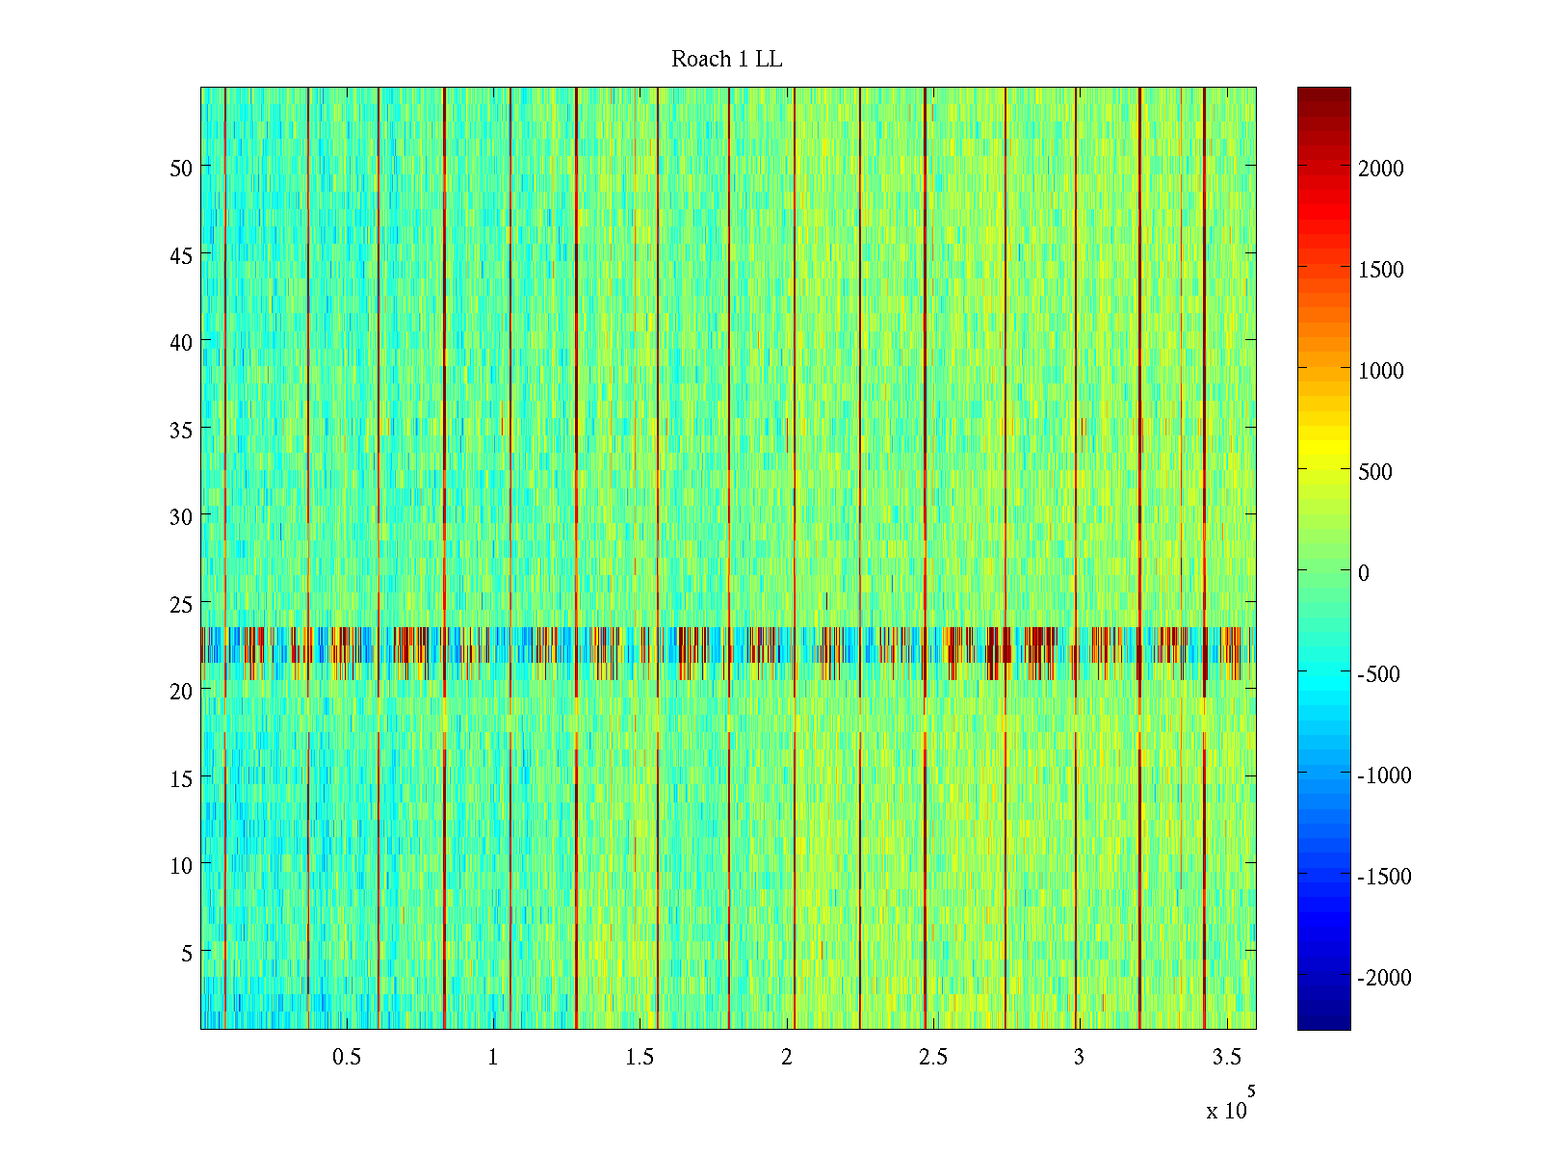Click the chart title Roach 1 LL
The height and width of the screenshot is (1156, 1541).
coord(726,60)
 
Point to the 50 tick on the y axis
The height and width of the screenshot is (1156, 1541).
coord(181,168)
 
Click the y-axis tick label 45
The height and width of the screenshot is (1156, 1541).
coord(181,255)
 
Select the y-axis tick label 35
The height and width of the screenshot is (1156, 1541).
coord(181,430)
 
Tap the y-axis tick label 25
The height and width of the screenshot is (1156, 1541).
coord(181,604)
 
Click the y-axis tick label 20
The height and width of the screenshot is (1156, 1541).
coord(181,691)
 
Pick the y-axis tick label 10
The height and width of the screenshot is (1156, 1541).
coord(181,865)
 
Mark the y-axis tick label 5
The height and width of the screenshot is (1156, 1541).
coord(186,953)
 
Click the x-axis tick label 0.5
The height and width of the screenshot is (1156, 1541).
coord(347,1058)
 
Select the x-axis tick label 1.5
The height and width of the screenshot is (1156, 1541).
coord(640,1058)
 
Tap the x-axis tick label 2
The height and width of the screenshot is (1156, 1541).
coord(787,1058)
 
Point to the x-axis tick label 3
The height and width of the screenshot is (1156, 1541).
coord(1079,1058)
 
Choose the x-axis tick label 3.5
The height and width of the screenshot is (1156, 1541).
coord(1226,1058)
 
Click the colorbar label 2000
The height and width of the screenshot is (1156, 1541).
coord(1381,169)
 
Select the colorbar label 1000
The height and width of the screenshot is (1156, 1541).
coord(1381,371)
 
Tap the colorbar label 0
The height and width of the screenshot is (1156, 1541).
coord(1364,573)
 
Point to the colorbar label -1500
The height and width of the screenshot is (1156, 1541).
coord(1384,877)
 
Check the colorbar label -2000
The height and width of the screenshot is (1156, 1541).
coord(1384,978)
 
